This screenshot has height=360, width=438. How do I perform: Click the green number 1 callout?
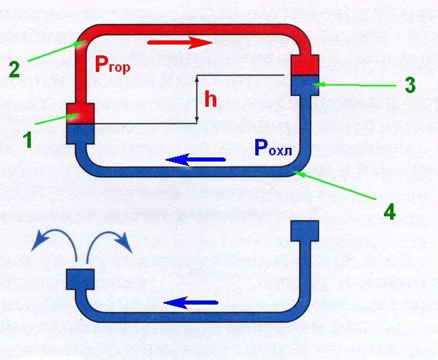click(27, 140)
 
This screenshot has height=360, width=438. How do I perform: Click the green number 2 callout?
click(14, 70)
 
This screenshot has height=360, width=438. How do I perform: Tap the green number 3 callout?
click(410, 85)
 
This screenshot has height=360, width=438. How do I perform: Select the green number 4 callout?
click(389, 211)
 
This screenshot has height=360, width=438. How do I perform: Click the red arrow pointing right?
click(180, 42)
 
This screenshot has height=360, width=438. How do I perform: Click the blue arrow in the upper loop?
click(195, 159)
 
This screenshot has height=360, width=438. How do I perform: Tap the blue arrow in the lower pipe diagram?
click(190, 303)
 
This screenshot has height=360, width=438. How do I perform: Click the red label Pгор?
click(112, 64)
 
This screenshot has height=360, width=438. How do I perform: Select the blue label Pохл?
click(273, 147)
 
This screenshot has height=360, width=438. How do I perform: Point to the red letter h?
click(210, 99)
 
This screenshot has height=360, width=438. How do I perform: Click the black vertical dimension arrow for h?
click(197, 99)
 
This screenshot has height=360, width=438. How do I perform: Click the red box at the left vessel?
click(80, 114)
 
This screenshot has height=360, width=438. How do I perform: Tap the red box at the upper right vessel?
click(305, 65)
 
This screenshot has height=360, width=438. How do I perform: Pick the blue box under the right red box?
click(305, 86)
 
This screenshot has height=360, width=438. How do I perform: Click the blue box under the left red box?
click(80, 134)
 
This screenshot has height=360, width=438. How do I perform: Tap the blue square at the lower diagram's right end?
click(305, 231)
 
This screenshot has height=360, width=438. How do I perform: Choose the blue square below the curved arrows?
click(80, 279)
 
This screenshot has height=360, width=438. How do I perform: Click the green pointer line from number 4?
click(335, 185)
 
